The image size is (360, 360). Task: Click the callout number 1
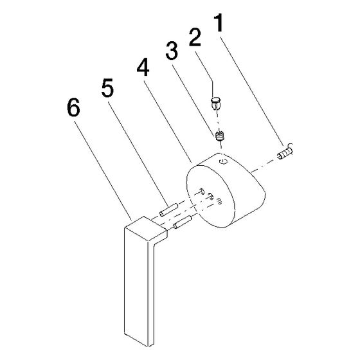[x=219, y=23]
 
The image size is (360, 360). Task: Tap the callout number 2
[x=195, y=37]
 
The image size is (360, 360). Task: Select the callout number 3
[x=172, y=51]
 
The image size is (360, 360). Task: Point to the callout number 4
[x=143, y=66]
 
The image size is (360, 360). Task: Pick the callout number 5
[x=107, y=87]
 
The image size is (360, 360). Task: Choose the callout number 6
[x=73, y=107]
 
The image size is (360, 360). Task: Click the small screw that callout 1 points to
[x=285, y=152]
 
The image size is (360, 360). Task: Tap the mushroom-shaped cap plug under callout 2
[x=215, y=103]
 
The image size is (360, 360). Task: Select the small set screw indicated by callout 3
[x=220, y=136]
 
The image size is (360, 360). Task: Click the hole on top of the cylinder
[x=223, y=161]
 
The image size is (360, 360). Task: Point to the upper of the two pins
[x=168, y=210]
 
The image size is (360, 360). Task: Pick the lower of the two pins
[x=183, y=222]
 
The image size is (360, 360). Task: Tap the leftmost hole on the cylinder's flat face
[x=202, y=191]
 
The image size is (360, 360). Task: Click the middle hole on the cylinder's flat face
[x=210, y=196]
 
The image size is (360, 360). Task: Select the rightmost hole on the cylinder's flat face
[x=219, y=201]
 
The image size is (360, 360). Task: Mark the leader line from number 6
[x=103, y=170]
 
